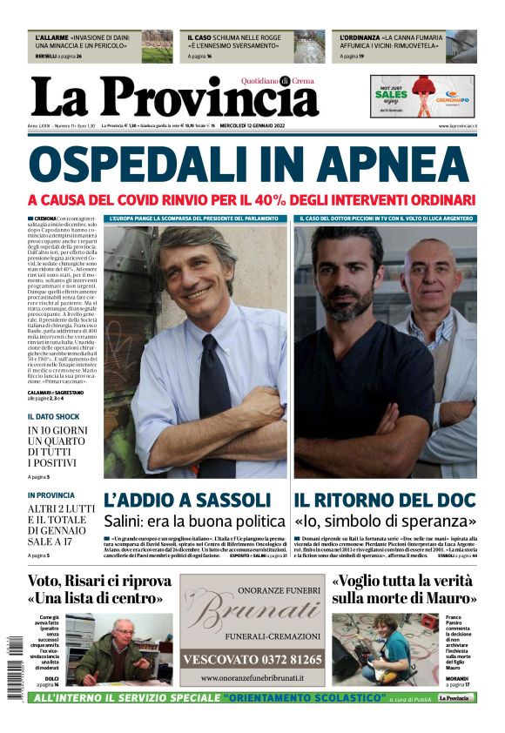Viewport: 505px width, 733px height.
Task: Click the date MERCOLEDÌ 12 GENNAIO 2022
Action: (260, 126)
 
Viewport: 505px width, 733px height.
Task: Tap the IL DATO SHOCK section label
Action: (54, 416)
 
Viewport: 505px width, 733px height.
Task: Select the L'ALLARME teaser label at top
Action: (49, 38)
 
